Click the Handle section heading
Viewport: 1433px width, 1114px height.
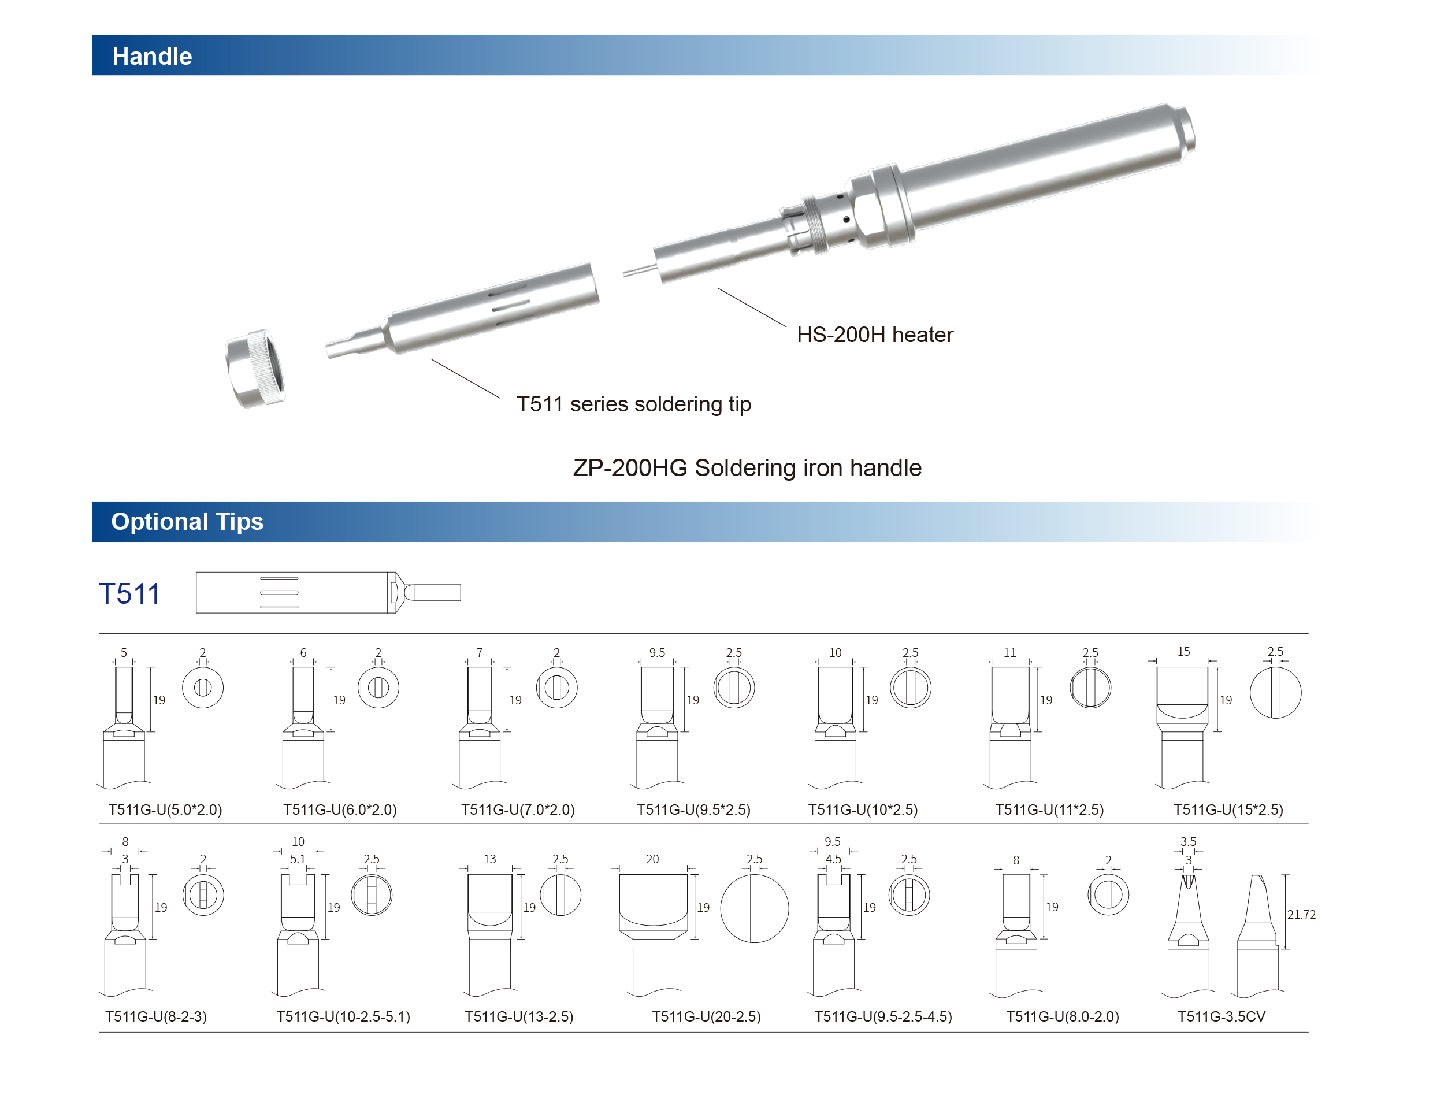(151, 57)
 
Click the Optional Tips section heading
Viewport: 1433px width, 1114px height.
(187, 522)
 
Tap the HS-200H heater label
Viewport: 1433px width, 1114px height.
(874, 335)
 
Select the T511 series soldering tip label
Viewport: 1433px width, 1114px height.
(633, 404)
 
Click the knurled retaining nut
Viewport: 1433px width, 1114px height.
(256, 368)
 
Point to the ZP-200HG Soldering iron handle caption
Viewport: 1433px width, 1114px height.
(747, 468)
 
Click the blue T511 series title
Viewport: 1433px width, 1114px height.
(129, 594)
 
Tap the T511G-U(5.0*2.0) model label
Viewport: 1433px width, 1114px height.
(165, 809)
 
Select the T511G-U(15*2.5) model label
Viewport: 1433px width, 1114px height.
(1228, 809)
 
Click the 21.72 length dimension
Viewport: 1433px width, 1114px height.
(1301, 915)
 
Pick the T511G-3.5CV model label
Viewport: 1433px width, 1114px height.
(1220, 1016)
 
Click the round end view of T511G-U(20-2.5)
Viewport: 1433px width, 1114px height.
(754, 909)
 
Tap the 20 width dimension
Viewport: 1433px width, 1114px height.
(652, 859)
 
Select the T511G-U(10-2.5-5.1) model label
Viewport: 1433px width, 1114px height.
(343, 1016)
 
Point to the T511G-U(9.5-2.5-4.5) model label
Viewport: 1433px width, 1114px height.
(882, 1016)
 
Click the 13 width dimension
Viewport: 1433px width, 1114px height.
(489, 859)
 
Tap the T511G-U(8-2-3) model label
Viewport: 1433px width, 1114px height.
(155, 1016)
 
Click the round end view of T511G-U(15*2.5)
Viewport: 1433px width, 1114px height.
(1275, 693)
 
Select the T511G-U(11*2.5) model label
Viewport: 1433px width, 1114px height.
(1049, 809)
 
